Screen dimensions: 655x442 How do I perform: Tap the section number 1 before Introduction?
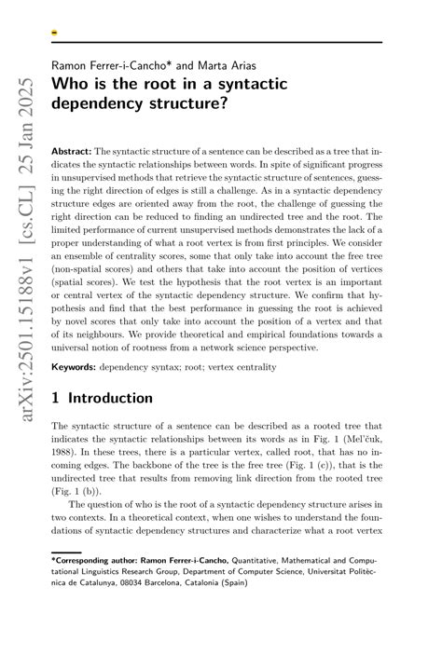(x=57, y=398)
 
